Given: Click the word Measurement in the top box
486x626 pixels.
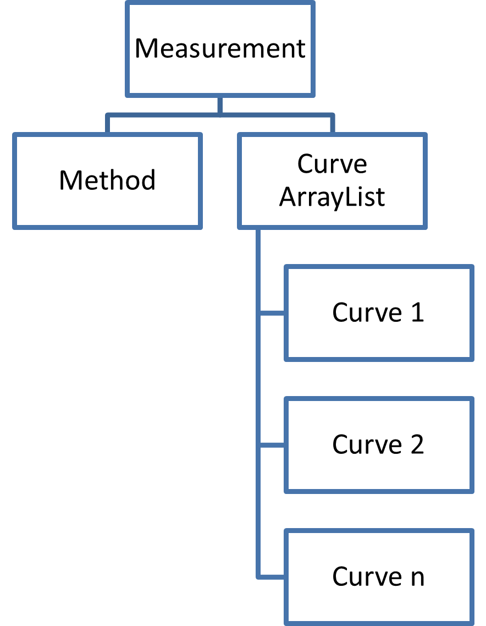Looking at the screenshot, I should click(220, 48).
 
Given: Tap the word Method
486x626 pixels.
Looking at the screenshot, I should click(107, 180).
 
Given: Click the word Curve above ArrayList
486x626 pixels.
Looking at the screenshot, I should click(332, 164).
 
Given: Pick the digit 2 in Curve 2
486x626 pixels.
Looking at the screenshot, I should click(417, 444).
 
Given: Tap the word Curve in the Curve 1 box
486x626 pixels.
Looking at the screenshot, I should click(367, 312).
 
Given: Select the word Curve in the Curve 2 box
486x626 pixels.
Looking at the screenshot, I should click(367, 444).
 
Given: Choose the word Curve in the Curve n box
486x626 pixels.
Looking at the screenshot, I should click(367, 577).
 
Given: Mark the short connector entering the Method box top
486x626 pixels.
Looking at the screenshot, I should click(107, 124).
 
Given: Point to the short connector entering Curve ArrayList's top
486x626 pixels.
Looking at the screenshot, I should click(332, 124).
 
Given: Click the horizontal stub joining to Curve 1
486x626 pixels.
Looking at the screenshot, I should click(272, 314).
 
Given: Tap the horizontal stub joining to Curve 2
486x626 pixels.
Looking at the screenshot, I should click(272, 445).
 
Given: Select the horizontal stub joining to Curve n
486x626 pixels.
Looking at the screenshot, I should click(272, 577).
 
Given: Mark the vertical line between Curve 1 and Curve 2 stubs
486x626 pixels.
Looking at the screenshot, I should click(258, 380).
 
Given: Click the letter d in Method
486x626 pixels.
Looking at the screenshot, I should click(148, 180).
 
